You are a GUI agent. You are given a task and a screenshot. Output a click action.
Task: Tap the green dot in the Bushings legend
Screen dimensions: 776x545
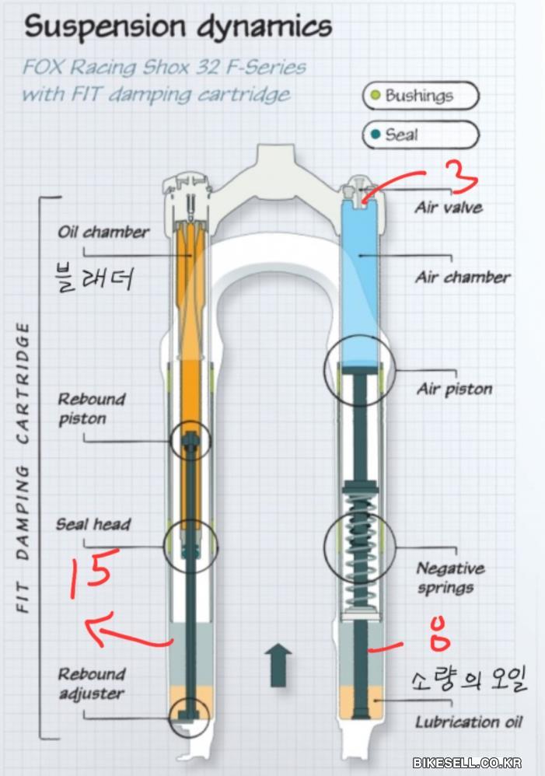[375, 96]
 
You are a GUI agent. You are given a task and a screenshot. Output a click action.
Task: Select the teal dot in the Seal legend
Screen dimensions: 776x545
[376, 135]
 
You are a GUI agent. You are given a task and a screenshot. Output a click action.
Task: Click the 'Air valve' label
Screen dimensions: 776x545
[449, 208]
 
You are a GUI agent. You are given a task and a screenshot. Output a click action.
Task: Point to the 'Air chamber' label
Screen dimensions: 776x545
[463, 277]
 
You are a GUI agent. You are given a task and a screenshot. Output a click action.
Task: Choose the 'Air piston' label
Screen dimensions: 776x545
[455, 389]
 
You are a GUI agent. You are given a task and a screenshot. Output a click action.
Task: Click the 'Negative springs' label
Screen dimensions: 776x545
[450, 578]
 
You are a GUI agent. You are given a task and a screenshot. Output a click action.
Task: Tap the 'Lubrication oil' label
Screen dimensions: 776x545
[468, 722]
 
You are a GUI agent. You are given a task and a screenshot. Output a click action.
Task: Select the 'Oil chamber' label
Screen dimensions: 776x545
[103, 232]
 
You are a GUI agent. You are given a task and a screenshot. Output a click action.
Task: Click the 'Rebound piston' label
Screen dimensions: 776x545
[91, 408]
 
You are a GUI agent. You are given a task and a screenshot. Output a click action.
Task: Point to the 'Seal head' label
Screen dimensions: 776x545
[93, 524]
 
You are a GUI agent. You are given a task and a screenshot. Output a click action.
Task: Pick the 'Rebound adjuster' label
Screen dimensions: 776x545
[91, 683]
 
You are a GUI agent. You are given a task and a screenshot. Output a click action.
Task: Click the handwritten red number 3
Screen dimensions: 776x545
[464, 177]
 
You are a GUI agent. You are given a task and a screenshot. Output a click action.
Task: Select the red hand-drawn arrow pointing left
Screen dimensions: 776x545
[124, 631]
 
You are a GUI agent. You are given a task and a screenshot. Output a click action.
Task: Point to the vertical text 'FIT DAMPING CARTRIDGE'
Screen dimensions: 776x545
[24, 467]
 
